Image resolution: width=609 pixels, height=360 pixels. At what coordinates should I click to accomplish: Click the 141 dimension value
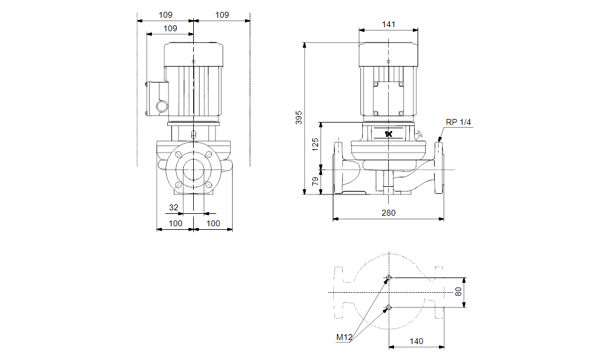389,24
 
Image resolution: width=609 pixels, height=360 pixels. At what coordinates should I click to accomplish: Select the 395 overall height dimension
299,117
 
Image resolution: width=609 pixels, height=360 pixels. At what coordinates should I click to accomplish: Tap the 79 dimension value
315,181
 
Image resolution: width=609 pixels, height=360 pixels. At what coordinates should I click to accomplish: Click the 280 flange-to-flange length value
389,213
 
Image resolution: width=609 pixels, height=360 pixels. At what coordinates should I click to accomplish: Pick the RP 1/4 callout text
459,122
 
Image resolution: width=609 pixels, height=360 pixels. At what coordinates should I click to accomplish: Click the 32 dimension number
174,207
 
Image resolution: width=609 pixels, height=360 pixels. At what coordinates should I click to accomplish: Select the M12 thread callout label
344,338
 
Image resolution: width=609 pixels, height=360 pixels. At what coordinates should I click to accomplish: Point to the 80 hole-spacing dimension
459,292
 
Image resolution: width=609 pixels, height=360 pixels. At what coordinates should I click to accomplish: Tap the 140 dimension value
416,341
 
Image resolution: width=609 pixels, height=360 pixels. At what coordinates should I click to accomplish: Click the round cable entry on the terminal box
161,107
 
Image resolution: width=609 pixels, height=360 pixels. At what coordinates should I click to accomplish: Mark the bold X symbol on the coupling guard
389,134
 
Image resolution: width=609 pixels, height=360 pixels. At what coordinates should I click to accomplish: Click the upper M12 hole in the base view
388,278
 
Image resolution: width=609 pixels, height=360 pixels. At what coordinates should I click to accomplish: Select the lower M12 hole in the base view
388,307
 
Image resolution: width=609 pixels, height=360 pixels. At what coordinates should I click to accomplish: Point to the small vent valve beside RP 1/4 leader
419,137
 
